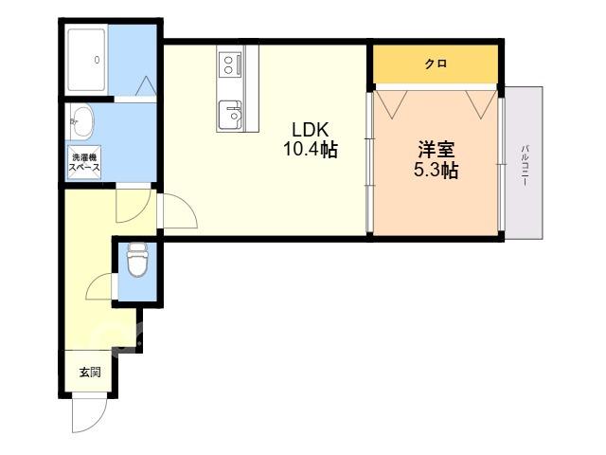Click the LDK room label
(x=310, y=130)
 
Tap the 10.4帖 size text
(x=311, y=150)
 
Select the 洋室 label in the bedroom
(x=436, y=150)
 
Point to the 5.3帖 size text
(x=436, y=170)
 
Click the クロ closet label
(x=436, y=64)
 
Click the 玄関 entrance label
(x=90, y=373)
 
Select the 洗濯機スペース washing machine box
(x=84, y=162)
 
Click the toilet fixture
(x=137, y=259)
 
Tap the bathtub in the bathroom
(x=86, y=60)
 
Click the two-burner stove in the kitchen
(x=230, y=64)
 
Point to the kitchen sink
(x=230, y=115)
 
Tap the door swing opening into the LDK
(x=180, y=210)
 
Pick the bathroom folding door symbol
(x=146, y=86)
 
